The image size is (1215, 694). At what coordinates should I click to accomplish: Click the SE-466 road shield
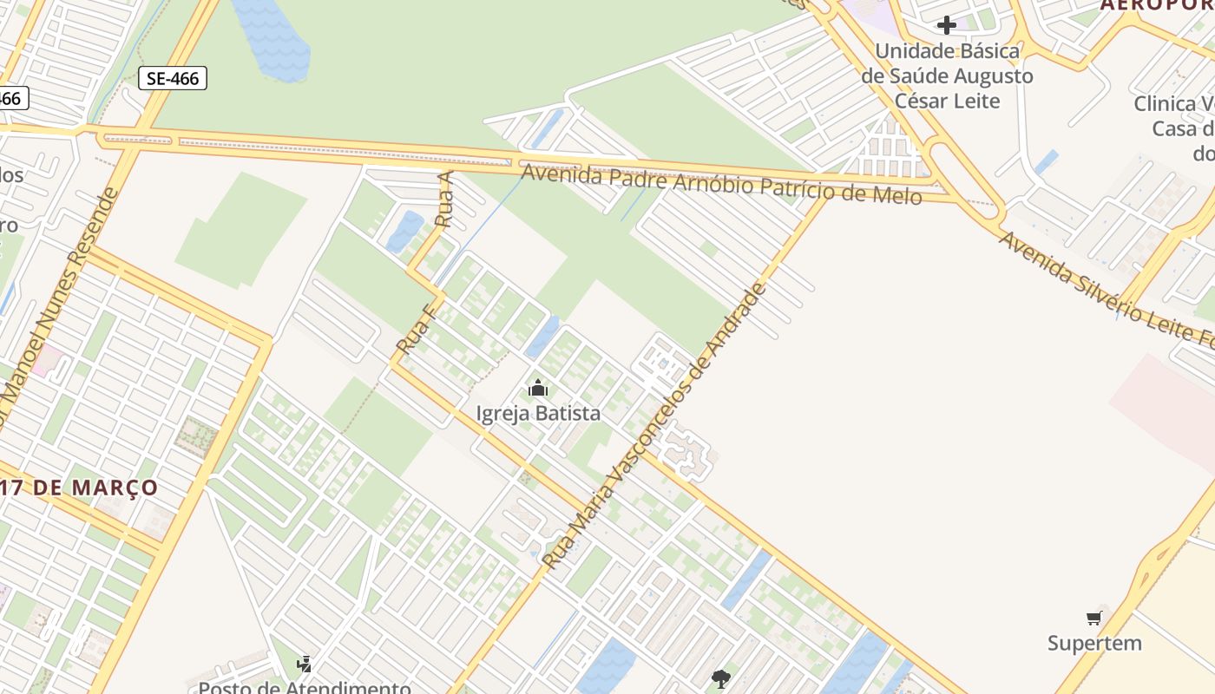[x=173, y=78]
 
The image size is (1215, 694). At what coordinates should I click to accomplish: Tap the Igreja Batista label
[x=538, y=413]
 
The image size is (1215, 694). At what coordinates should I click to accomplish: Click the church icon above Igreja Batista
[x=538, y=388]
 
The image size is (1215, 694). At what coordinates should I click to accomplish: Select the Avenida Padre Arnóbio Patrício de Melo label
[x=720, y=184]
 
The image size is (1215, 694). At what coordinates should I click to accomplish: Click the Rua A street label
[x=444, y=200]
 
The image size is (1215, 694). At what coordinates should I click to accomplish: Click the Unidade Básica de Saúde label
[x=947, y=75]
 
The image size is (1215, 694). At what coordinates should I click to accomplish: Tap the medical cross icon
[x=947, y=25]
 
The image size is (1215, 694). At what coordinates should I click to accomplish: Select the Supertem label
[x=1094, y=643]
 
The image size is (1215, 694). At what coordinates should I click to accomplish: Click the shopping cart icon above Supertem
[x=1094, y=618]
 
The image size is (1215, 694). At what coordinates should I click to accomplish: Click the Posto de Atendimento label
[x=304, y=688]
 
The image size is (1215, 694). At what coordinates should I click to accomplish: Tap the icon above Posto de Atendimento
[x=304, y=665]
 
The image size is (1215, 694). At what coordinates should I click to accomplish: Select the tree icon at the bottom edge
[x=720, y=679]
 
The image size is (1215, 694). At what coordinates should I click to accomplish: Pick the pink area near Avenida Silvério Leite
[x=1163, y=408]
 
